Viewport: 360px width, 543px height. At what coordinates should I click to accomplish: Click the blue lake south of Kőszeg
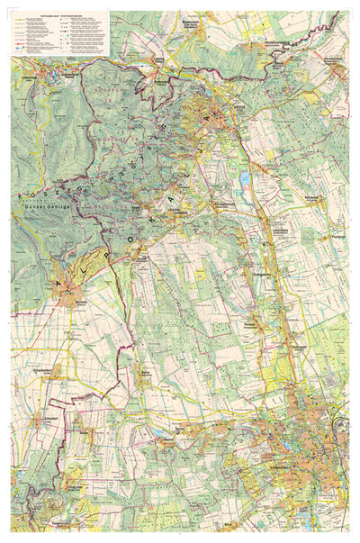245,178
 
